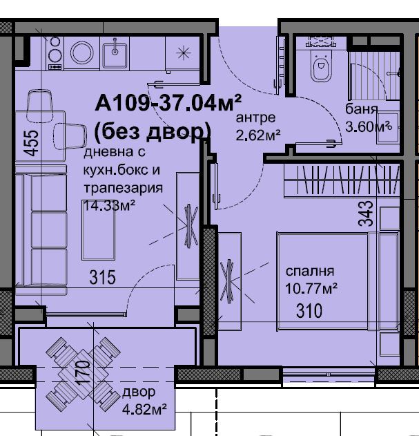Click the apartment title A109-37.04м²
168,102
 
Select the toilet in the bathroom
322,66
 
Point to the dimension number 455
31,143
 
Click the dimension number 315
103,278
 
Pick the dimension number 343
365,214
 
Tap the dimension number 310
309,311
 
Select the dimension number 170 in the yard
83,372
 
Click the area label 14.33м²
109,206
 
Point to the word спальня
310,271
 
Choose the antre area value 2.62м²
258,135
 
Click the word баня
362,109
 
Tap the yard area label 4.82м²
144,409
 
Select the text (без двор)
153,132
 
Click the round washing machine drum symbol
81,53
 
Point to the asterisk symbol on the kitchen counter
184,53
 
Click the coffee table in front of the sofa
98,230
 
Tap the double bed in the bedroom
338,281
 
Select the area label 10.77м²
311,288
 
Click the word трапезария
123,188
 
